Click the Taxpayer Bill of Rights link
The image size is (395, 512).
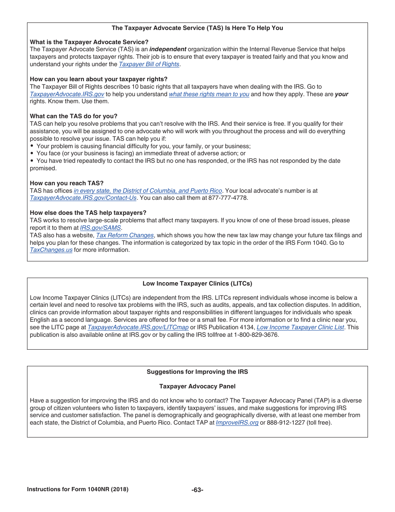tap(149, 64)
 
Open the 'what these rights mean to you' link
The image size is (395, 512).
tap(209, 94)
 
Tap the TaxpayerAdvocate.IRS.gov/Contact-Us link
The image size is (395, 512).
tap(83, 198)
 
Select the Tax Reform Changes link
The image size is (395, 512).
tap(125, 236)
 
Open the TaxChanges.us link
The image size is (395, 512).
tap(51, 250)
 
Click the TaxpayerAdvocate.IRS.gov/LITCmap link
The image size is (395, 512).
tap(138, 328)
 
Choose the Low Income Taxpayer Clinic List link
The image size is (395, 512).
tap(300, 328)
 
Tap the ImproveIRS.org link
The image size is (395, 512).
tap(237, 423)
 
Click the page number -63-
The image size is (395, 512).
tap(197, 490)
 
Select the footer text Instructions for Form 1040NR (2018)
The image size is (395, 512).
tap(78, 490)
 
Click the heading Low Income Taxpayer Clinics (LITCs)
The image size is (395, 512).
tap(197, 284)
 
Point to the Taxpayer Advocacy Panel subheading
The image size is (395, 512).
tap(197, 386)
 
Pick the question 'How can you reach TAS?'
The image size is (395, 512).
tap(67, 183)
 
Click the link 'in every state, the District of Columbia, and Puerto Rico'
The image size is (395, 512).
tap(148, 191)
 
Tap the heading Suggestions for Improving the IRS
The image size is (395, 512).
tap(197, 372)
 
